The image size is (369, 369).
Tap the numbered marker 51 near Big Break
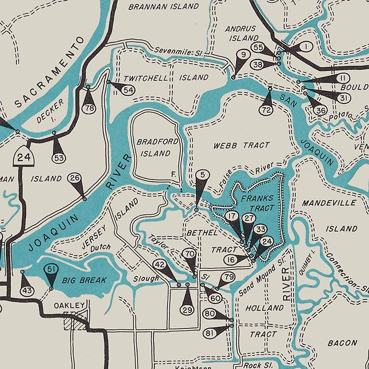[51, 270]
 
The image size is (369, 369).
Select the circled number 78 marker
[89, 109]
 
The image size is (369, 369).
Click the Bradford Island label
[157, 147]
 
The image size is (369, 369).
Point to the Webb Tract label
[242, 145]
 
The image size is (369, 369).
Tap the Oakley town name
[69, 305]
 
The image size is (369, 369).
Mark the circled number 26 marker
[74, 178]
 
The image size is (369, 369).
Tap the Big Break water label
[84, 280]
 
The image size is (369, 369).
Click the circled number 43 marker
[26, 290]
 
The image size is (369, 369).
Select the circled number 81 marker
[210, 333]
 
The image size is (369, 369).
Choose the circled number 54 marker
[129, 90]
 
